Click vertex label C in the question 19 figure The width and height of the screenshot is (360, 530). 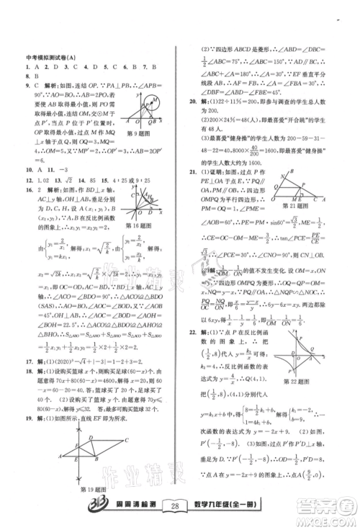[x=125, y=440]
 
